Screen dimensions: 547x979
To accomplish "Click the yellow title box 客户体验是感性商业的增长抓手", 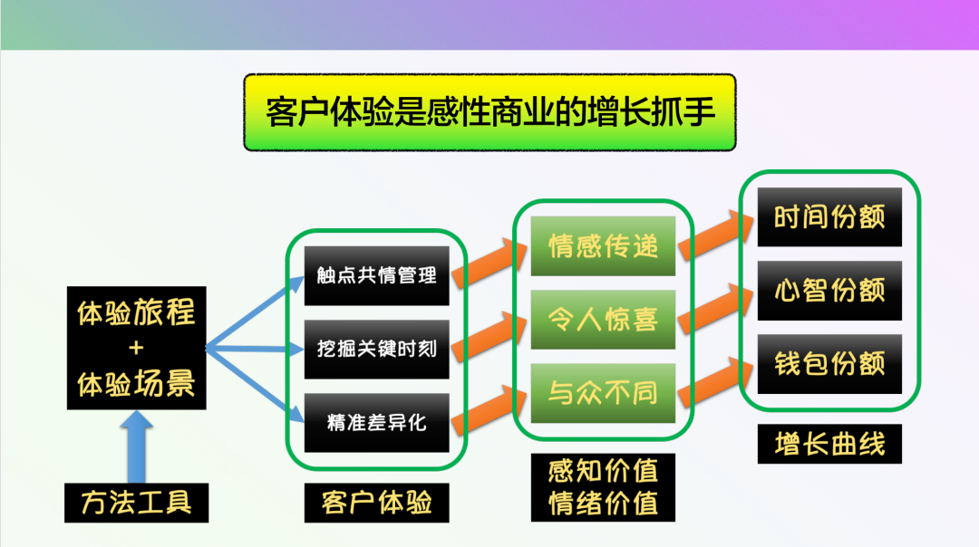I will (x=489, y=112).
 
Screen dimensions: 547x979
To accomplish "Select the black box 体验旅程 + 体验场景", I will (x=136, y=348).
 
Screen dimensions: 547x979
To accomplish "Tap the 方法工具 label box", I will (x=136, y=503).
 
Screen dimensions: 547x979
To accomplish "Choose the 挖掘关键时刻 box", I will (x=376, y=349).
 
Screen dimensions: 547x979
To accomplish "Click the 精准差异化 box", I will (x=376, y=422).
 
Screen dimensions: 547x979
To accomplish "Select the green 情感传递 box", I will (x=603, y=245).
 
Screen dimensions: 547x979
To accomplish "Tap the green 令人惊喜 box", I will (x=603, y=319).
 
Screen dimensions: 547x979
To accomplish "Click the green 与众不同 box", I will (x=603, y=393).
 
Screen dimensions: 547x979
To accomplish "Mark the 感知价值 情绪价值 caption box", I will (x=603, y=487).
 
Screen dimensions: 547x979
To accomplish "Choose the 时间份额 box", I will (x=829, y=217).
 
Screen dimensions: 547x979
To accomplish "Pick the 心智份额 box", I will (x=829, y=291).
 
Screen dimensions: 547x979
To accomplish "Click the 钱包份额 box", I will (x=829, y=364).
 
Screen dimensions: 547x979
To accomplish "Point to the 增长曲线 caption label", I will (x=829, y=444).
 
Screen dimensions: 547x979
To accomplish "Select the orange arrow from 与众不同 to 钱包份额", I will (x=716, y=379).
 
